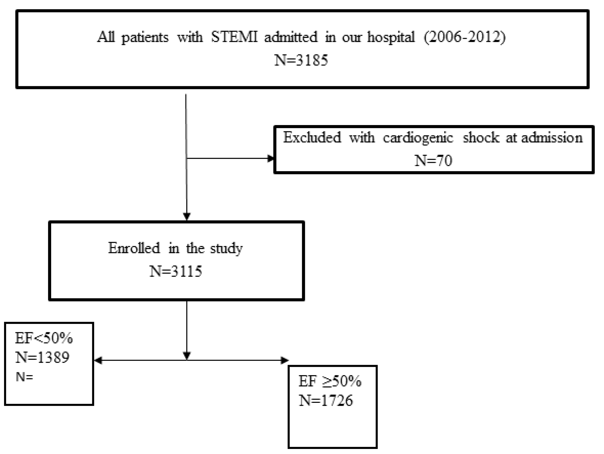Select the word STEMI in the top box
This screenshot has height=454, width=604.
234,37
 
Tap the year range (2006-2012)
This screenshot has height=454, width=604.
464,37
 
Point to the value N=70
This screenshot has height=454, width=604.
433,160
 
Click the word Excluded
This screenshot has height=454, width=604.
312,137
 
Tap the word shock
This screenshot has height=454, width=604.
481,137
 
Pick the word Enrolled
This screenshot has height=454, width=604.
134,248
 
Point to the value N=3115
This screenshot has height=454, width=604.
176,271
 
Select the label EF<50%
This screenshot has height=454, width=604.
44,339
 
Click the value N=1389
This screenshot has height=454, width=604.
42,357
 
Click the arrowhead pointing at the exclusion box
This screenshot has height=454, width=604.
271,159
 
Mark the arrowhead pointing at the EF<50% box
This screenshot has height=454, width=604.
98,360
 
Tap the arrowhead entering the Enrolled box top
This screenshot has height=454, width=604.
186,217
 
